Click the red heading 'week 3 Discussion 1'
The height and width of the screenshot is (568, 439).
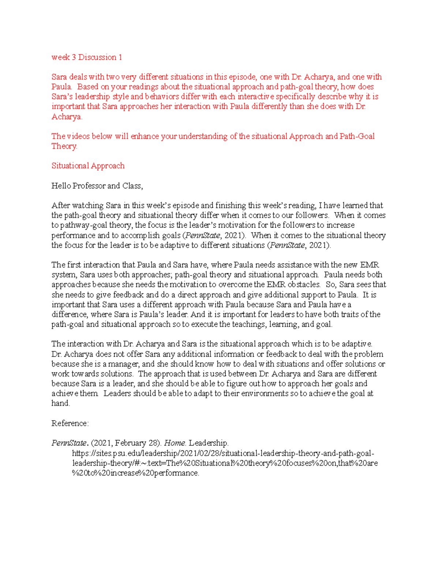(x=87, y=57)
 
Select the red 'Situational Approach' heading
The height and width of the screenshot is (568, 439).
(x=88, y=166)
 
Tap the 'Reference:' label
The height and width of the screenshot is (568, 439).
(x=70, y=423)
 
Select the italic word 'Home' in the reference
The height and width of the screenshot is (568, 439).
(x=175, y=443)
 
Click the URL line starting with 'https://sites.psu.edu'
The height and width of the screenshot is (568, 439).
(x=223, y=453)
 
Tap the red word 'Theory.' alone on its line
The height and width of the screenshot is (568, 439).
(x=64, y=146)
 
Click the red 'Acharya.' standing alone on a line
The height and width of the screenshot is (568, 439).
(x=67, y=117)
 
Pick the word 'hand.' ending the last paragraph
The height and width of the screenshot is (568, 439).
(x=61, y=403)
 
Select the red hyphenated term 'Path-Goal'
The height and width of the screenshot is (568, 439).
(x=357, y=136)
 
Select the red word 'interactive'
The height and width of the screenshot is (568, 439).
(x=255, y=97)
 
